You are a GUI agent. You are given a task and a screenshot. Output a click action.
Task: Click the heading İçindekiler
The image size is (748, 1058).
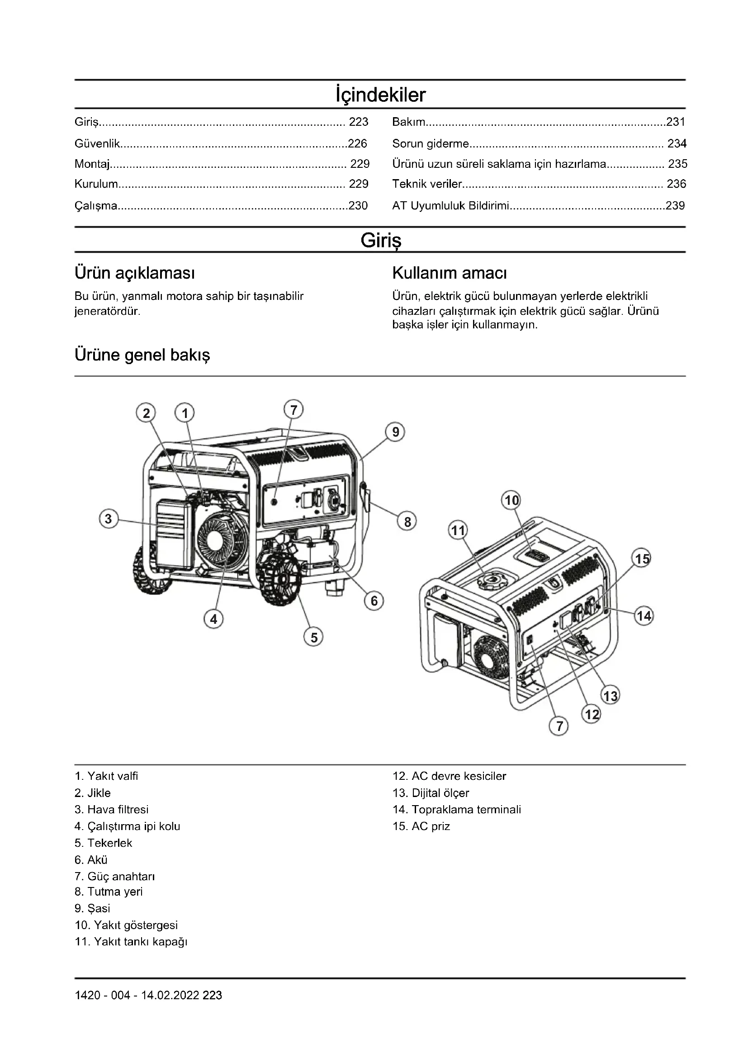[x=380, y=95]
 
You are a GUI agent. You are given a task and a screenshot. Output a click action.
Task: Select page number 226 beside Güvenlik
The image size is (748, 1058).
[x=357, y=144]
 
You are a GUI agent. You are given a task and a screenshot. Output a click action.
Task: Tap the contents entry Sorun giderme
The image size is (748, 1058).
[x=430, y=144]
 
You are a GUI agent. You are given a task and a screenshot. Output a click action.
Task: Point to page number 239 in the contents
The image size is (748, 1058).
[x=675, y=205]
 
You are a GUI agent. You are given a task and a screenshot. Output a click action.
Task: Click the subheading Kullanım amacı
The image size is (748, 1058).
[x=449, y=273]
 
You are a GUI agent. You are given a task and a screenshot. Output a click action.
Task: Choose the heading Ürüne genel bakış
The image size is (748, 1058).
[x=142, y=355]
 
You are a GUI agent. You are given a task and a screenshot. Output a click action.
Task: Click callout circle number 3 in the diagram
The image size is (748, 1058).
[x=109, y=519]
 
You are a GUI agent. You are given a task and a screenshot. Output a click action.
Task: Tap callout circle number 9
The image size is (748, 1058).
[x=395, y=432]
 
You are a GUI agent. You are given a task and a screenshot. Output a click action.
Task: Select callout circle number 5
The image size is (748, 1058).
[x=314, y=637]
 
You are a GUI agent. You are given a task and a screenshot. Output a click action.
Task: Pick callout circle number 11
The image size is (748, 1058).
[x=458, y=531]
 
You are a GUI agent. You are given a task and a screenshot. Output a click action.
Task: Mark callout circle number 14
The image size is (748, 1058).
[x=644, y=616]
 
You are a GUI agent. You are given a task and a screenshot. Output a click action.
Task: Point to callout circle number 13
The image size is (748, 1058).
[x=611, y=695]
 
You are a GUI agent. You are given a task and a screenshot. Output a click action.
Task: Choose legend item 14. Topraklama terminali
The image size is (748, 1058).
[x=456, y=810]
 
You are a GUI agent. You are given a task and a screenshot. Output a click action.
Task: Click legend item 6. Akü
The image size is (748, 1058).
[x=91, y=860]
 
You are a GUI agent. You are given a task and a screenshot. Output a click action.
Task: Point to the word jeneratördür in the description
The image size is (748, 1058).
[x=107, y=311]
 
